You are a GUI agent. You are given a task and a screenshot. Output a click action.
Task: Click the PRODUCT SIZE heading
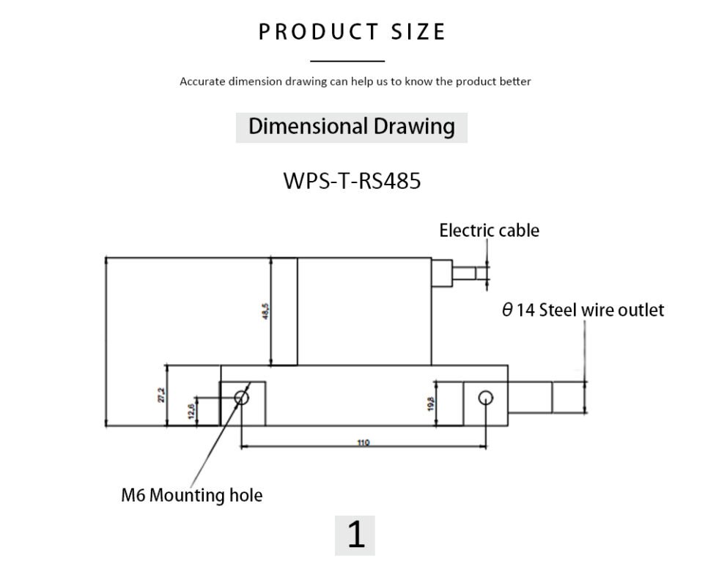tap(352, 32)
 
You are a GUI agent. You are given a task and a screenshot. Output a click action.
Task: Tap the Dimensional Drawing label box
tap(351, 126)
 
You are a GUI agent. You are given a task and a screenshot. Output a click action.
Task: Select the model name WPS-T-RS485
tap(352, 180)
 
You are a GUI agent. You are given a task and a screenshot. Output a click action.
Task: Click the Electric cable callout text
tap(489, 231)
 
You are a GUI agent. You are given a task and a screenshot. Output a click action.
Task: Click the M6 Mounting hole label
tap(191, 495)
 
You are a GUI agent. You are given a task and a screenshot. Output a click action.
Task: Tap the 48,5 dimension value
tap(265, 311)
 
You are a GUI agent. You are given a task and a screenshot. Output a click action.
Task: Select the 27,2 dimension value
tap(161, 395)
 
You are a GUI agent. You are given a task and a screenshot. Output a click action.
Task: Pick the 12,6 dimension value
tap(191, 411)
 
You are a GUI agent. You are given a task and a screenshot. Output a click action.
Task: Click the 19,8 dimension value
tap(430, 404)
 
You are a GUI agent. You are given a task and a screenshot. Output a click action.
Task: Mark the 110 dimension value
tap(363, 442)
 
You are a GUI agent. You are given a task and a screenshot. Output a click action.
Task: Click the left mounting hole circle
tap(242, 397)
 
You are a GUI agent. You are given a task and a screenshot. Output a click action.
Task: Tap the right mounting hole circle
tap(485, 398)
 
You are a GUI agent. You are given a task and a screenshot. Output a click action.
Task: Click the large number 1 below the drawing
tap(355, 535)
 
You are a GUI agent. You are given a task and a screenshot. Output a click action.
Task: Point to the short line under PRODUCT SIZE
tap(347, 62)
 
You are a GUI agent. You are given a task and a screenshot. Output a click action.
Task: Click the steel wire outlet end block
tap(569, 398)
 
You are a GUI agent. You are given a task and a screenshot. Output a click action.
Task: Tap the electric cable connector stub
tap(469, 273)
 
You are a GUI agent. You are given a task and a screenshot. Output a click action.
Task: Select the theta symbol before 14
tap(507, 310)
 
